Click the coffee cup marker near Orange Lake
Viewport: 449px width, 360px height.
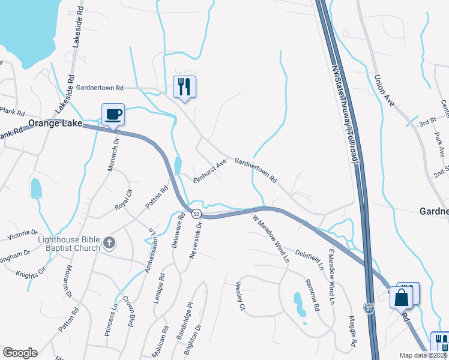coord(113,114)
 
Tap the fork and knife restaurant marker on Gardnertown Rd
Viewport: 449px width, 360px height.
coord(184,87)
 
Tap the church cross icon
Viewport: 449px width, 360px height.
coord(109,243)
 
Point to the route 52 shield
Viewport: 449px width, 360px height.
coord(196,214)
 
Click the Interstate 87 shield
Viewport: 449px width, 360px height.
coord(369,308)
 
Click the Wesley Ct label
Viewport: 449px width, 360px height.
coord(241,296)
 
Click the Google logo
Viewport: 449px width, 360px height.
coord(20,353)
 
